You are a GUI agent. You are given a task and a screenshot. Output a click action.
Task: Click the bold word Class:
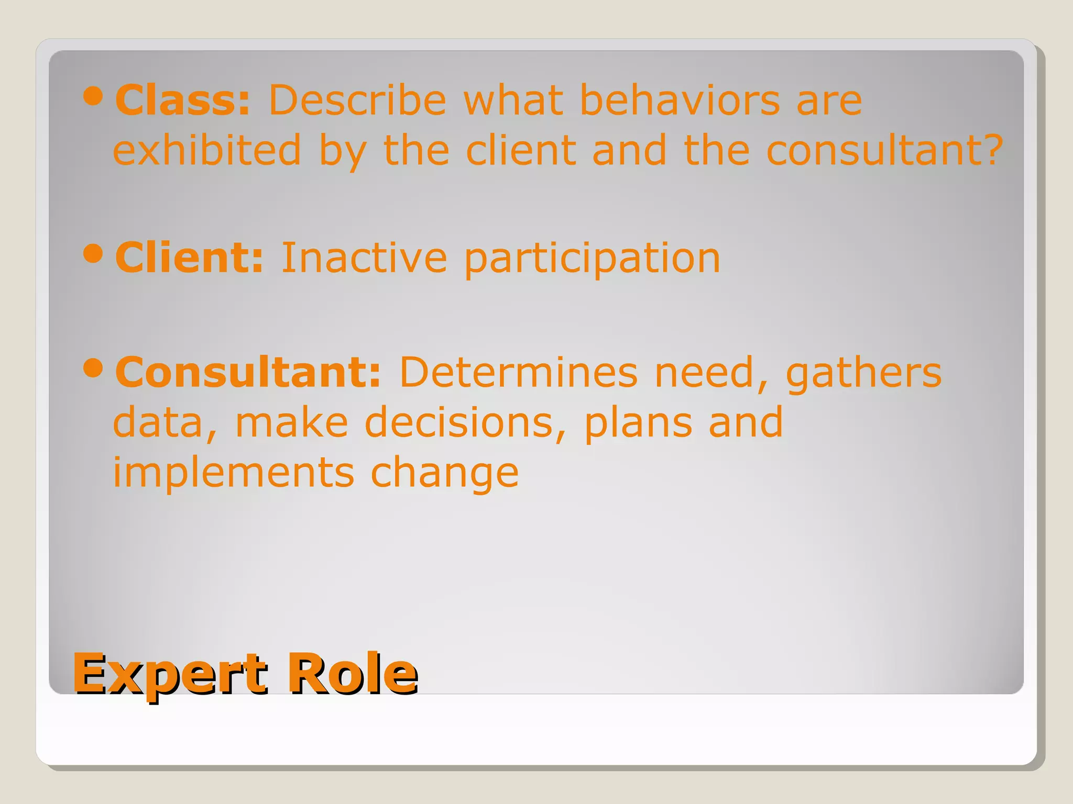(x=183, y=100)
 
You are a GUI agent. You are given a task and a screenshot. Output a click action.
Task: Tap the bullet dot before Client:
(x=93, y=254)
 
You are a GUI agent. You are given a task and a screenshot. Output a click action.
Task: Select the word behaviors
(x=680, y=100)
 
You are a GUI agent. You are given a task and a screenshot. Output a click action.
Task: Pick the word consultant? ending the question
(x=884, y=150)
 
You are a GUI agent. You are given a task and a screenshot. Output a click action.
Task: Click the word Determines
(x=519, y=372)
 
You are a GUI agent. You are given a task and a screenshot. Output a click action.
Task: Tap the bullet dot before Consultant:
(x=93, y=368)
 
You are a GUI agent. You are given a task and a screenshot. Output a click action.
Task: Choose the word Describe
(x=357, y=100)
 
